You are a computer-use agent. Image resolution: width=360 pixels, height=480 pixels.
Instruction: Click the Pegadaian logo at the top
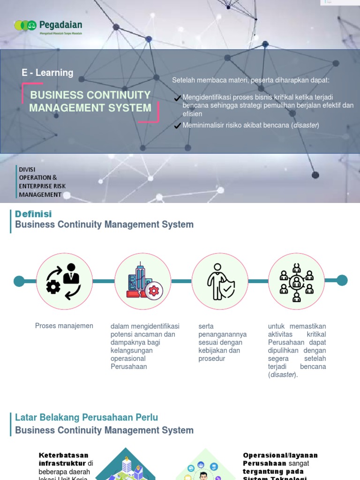[48, 26]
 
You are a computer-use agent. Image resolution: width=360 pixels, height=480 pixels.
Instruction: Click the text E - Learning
[47, 73]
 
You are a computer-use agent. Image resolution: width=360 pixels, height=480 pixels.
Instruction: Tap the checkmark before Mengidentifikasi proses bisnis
[177, 98]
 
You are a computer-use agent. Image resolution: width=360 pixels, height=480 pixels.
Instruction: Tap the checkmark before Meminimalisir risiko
[177, 126]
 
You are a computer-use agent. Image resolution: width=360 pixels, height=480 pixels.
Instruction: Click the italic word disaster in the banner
[305, 125]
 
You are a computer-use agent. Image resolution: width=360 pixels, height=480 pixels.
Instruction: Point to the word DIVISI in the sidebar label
[27, 169]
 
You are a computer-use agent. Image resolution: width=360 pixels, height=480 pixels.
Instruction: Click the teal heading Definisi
[33, 214]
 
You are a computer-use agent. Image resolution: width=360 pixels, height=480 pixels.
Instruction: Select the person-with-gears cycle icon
[64, 281]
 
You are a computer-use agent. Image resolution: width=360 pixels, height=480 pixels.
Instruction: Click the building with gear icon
[143, 281]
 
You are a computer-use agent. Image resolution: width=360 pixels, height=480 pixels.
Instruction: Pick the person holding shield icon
[220, 281]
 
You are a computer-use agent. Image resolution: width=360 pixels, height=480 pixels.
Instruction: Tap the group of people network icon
[296, 281]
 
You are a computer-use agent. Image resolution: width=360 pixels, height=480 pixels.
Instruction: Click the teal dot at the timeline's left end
[19, 281]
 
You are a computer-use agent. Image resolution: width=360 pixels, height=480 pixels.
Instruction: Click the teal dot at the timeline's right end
[342, 280]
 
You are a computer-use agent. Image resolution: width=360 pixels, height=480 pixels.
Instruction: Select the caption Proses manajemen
[64, 326]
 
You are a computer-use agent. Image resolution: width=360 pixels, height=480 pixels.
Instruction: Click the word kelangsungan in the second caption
[132, 351]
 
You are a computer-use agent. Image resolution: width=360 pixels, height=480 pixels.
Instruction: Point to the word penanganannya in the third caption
[223, 334]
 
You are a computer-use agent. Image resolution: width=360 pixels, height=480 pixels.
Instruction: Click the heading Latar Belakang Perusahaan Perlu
[86, 417]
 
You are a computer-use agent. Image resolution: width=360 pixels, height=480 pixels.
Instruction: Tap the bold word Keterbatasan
[63, 455]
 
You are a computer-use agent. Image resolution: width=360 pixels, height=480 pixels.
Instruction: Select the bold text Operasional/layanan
[280, 455]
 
